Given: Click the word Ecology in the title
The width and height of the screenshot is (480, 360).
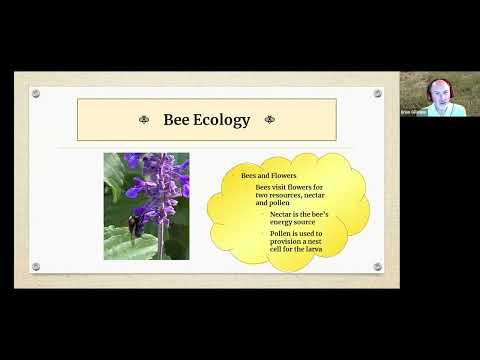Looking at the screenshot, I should (226, 120).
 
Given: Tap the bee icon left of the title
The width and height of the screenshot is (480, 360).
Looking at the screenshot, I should (142, 120).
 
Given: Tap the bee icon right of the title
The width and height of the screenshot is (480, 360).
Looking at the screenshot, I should (270, 120).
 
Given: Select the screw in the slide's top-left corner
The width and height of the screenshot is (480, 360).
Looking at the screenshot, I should (36, 93).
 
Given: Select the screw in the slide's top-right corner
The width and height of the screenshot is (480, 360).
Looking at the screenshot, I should (377, 93).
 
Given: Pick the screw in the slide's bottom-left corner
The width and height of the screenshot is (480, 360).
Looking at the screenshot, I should (36, 267).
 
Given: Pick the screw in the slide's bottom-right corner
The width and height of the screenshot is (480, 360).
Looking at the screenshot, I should (377, 267).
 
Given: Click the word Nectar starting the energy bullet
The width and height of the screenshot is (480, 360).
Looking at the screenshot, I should (281, 214).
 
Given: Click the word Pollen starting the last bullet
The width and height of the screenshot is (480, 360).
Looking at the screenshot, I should (281, 233).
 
